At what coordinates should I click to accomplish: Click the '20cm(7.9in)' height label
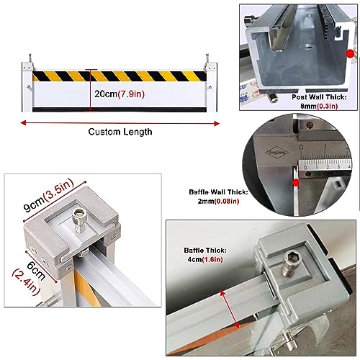click(x=120, y=94)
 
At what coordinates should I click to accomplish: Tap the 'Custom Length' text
click(x=120, y=132)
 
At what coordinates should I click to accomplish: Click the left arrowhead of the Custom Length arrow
click(x=23, y=123)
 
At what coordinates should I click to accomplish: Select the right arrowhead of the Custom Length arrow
click(x=217, y=124)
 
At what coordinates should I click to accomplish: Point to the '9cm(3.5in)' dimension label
click(x=48, y=195)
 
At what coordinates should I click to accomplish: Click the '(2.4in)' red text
click(x=26, y=283)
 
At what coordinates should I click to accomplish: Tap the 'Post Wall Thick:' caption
click(x=319, y=97)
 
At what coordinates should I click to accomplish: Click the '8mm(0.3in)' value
click(x=319, y=106)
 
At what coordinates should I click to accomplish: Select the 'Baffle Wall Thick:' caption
click(x=218, y=192)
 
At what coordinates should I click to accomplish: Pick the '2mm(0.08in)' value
click(x=218, y=201)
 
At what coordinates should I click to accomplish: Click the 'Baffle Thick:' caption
click(x=205, y=251)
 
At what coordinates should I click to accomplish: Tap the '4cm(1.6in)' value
click(x=205, y=259)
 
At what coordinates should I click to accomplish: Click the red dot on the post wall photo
click(x=350, y=53)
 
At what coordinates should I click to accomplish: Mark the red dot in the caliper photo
click(x=296, y=183)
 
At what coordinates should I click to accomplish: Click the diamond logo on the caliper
click(x=276, y=152)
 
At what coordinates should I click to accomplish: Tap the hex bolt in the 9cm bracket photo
click(x=79, y=220)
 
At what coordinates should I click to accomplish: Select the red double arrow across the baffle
click(x=230, y=309)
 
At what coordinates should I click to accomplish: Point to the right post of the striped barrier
click(x=212, y=87)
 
